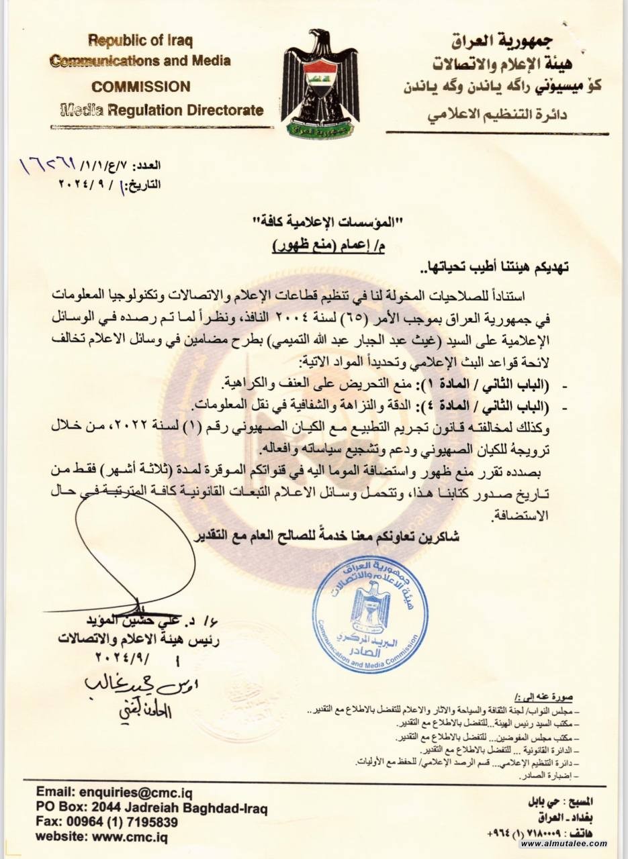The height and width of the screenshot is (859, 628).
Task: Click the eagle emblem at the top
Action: (x=320, y=84)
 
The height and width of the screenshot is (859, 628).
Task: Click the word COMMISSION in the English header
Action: (x=141, y=87)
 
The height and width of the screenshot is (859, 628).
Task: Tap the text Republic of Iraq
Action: (x=140, y=41)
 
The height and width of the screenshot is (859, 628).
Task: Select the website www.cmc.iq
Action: (x=101, y=837)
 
